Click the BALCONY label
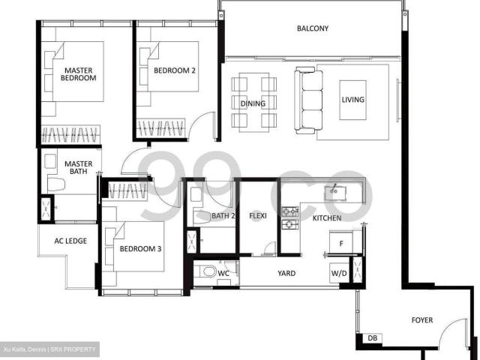click(x=312, y=28)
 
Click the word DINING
click(x=253, y=103)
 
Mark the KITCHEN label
click(x=327, y=218)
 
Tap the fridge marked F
click(x=341, y=244)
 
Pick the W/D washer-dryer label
click(x=340, y=274)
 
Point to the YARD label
click(x=286, y=274)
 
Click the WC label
click(x=223, y=275)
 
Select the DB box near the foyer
click(x=372, y=338)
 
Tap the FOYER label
click(x=422, y=320)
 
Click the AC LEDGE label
click(x=67, y=241)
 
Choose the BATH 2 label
click(x=223, y=217)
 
